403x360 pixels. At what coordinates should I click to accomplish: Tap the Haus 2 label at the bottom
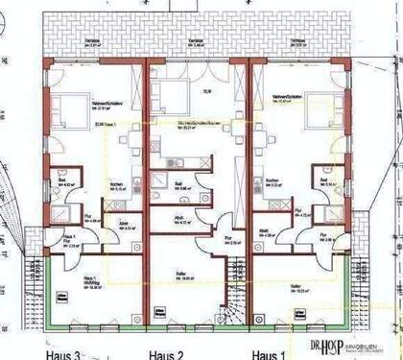[x=165, y=354]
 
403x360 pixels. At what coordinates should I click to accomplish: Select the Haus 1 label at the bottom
[x=271, y=354]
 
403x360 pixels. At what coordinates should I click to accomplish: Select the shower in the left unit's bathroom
[x=61, y=212]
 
